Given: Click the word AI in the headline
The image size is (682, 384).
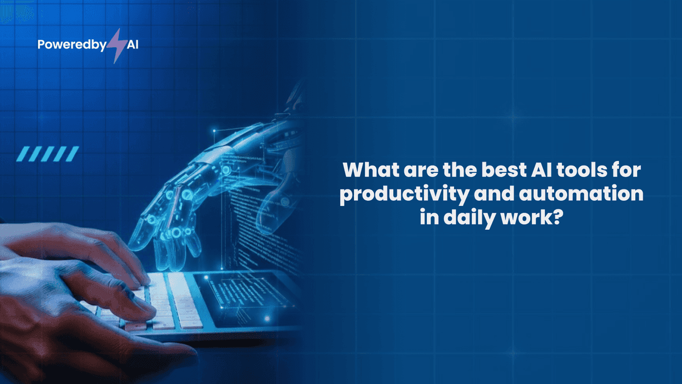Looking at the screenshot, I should coord(544,170).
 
